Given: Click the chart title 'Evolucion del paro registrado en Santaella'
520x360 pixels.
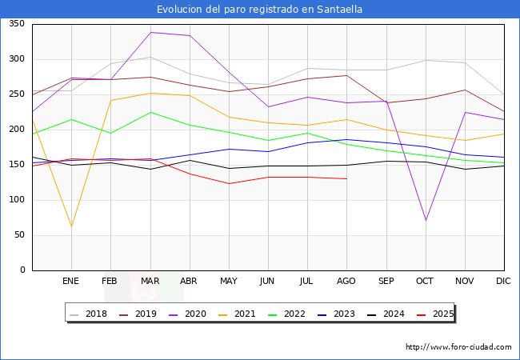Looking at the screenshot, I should click(259, 10).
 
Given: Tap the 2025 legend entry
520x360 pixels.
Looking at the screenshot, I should click(436, 314).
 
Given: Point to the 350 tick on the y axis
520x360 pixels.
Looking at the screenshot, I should click(16, 24).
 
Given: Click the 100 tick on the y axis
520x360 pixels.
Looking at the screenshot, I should click(16, 200).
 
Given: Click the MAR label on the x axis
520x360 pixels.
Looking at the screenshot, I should click(150, 282).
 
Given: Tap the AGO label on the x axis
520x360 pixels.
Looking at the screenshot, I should click(346, 282).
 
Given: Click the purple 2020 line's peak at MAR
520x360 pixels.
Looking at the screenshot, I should click(150, 33).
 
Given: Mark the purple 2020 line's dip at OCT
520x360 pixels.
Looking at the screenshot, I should click(426, 220).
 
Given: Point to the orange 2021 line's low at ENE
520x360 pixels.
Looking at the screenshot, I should click(71, 226).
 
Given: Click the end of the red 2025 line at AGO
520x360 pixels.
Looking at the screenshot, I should click(346, 178).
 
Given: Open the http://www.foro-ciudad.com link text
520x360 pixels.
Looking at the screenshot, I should click(458, 347).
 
